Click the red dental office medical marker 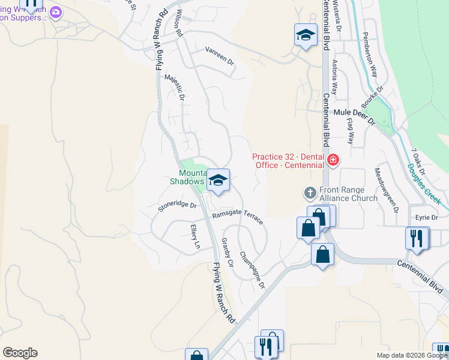(x=333, y=160)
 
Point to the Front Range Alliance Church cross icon (x=310, y=193)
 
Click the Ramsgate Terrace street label (x=238, y=217)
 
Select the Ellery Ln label (x=194, y=236)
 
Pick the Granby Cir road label (x=227, y=248)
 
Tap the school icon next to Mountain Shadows (x=218, y=180)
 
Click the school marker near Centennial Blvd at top (x=306, y=35)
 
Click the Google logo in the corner (x=20, y=353)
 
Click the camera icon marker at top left (x=56, y=12)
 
